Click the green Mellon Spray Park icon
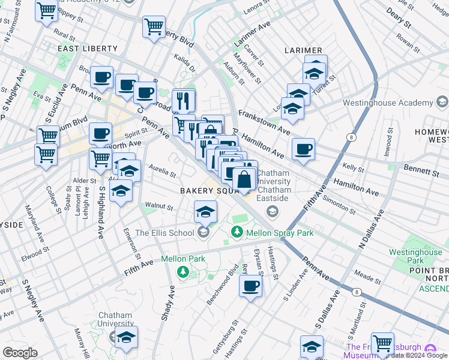click(x=238, y=232)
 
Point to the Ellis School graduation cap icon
click(x=204, y=233)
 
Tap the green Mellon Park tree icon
click(x=183, y=273)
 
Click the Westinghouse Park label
click(x=415, y=257)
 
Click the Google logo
click(x=20, y=352)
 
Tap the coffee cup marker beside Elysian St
click(x=251, y=286)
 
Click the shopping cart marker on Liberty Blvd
click(x=154, y=27)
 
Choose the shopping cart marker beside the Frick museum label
click(x=382, y=343)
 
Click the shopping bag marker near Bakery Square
click(x=244, y=179)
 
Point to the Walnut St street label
click(x=158, y=208)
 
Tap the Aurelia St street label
click(x=162, y=172)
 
